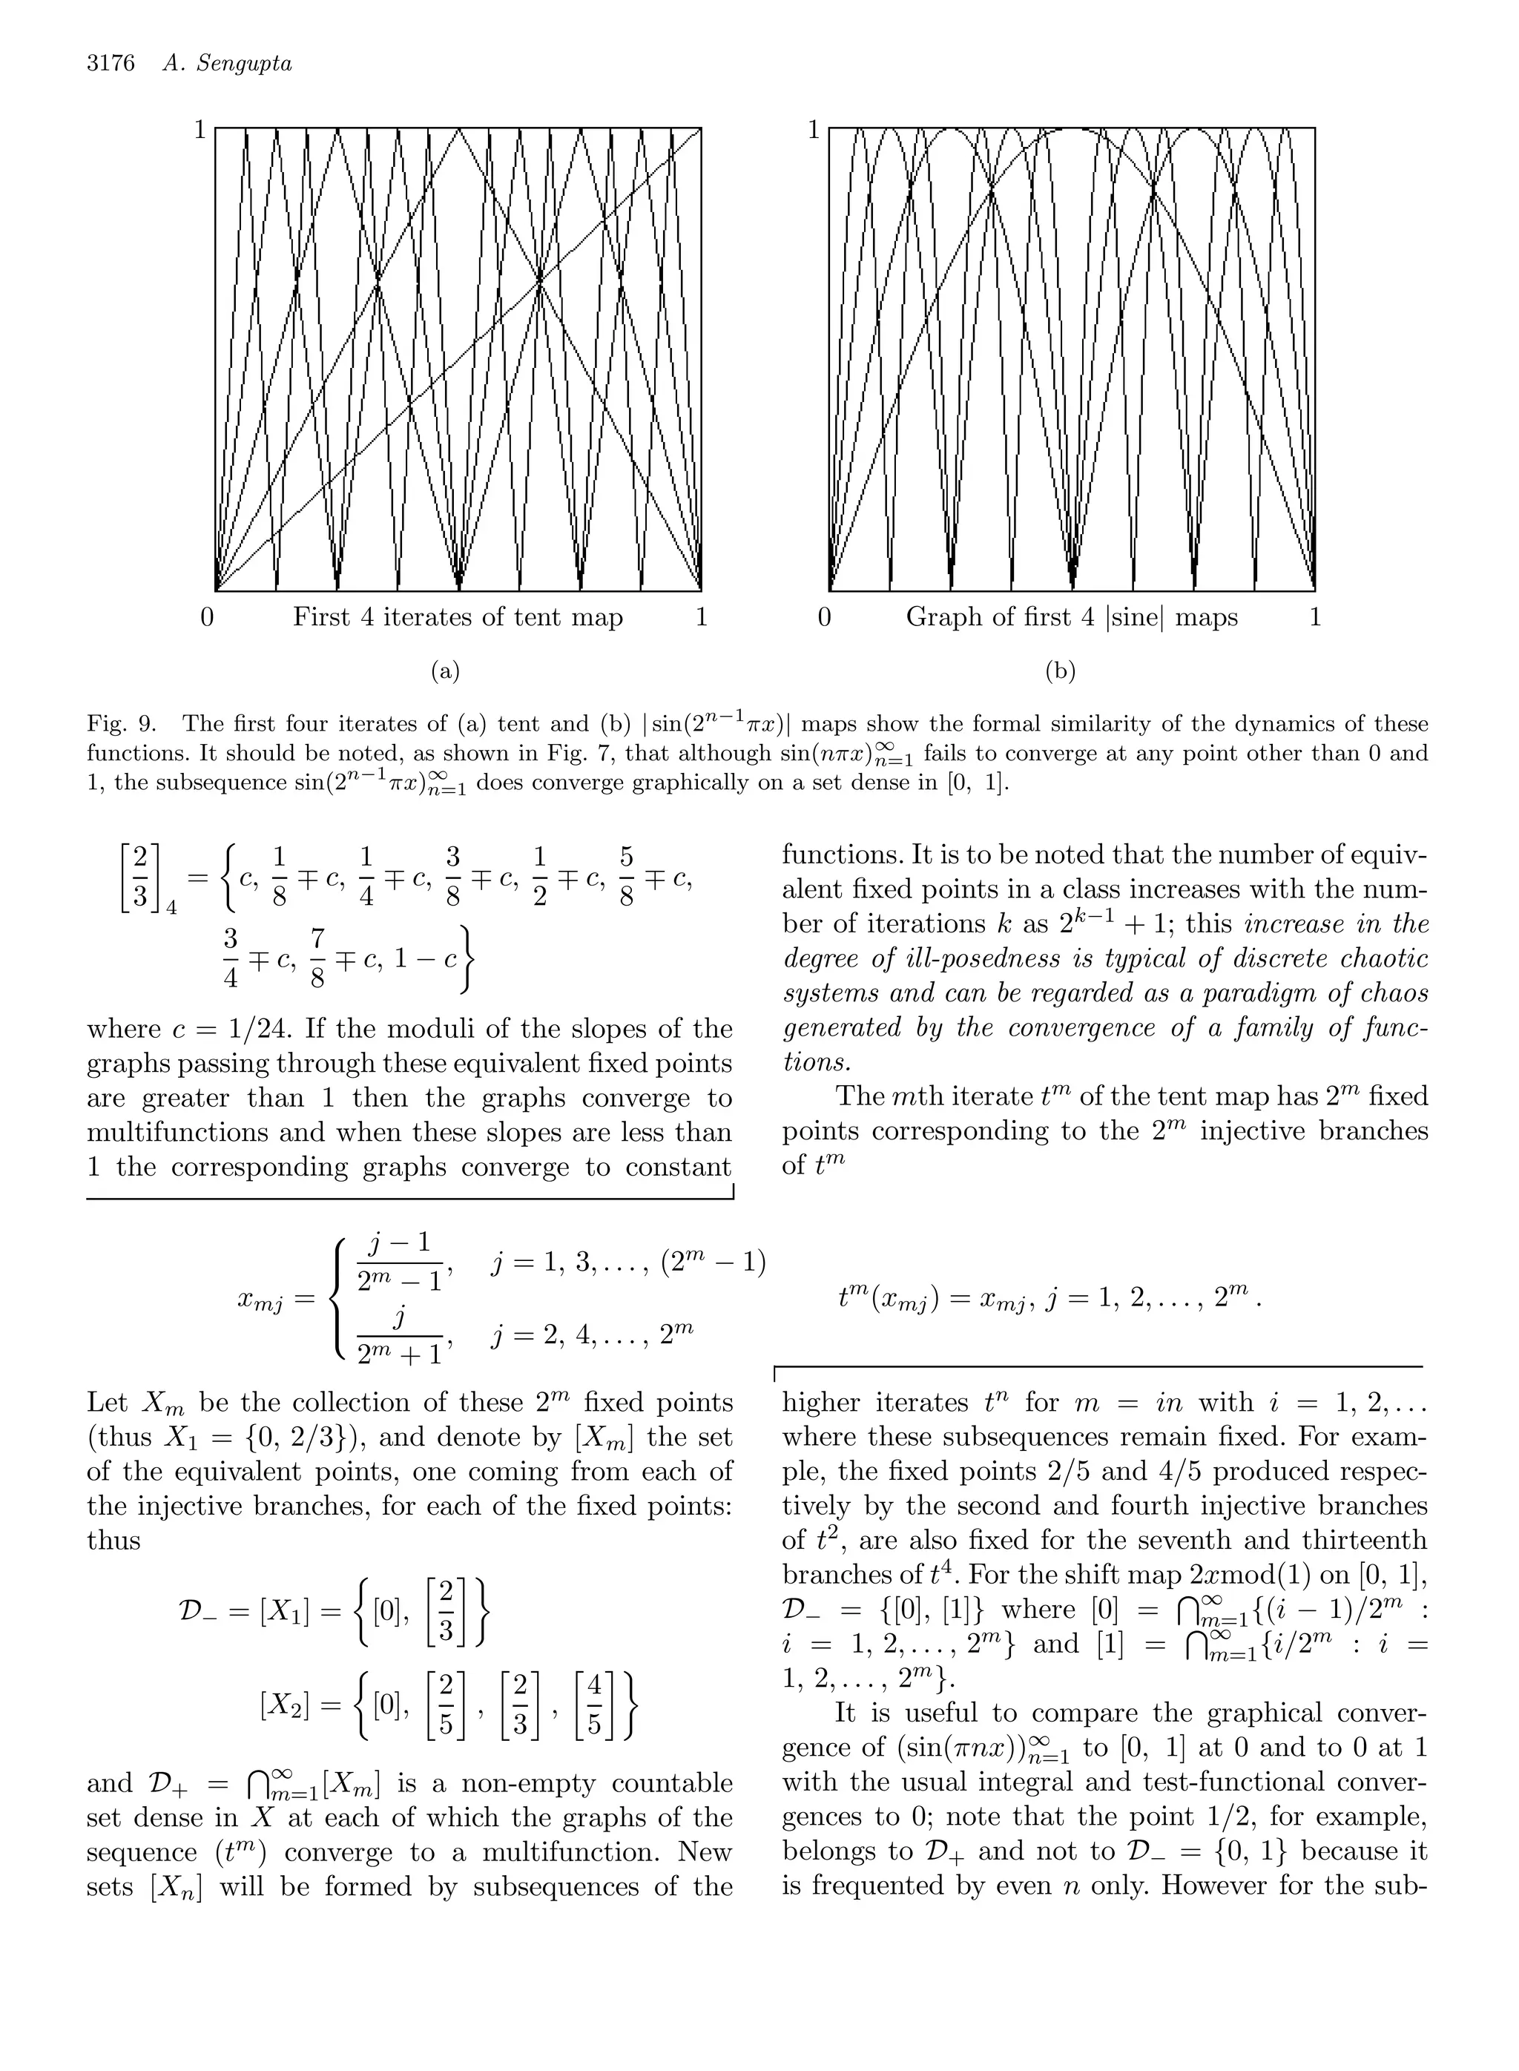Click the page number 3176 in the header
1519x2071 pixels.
(x=111, y=64)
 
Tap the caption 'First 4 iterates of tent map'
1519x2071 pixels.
(x=458, y=617)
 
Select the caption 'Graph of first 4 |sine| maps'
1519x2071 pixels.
(x=1072, y=617)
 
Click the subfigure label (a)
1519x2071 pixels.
(x=445, y=671)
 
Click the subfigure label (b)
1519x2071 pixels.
(x=1060, y=671)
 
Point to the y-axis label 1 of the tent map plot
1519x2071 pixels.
(x=200, y=131)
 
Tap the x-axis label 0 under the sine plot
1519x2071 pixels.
(x=824, y=617)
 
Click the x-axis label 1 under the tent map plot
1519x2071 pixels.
(x=702, y=617)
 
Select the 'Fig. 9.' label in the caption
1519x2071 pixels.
(x=119, y=725)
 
